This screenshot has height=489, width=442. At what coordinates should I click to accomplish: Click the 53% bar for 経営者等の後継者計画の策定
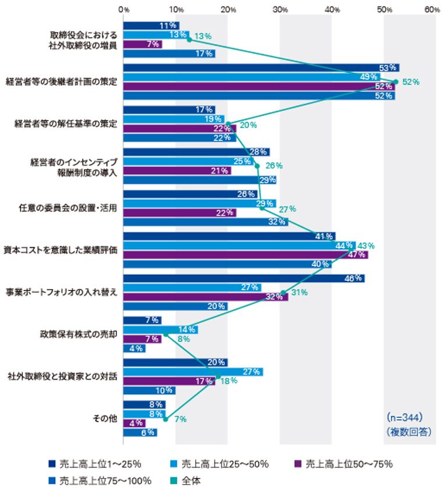pos(261,68)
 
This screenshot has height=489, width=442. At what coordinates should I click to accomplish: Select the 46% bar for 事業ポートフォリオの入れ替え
pos(244,278)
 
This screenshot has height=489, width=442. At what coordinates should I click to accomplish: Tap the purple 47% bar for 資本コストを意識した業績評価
pos(245,255)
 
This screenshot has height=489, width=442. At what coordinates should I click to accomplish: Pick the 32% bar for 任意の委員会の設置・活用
pos(206,222)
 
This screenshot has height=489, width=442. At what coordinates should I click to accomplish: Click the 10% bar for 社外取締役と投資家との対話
pos(149,391)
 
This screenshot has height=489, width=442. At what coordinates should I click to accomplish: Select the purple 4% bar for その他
pos(134,423)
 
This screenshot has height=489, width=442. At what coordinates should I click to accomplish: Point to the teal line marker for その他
pos(165,419)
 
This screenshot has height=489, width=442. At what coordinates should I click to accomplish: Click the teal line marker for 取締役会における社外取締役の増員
pos(189,40)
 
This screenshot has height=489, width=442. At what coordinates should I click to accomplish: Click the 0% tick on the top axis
pos(124,10)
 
